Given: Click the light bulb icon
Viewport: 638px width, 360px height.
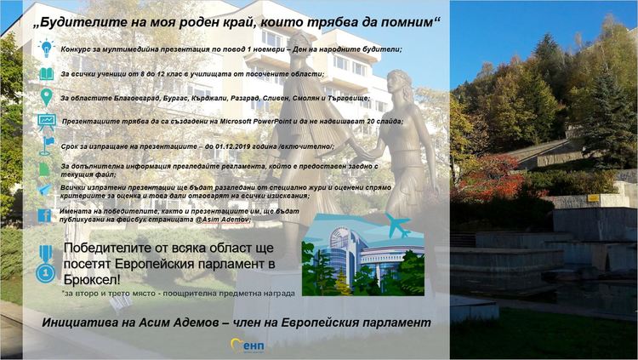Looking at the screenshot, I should pos(46,49).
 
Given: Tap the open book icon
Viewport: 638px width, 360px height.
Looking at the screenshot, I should pos(46,74).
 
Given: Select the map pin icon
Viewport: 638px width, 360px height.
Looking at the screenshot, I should pos(46,97).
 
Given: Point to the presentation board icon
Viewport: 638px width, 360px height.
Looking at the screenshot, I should pos(47,121).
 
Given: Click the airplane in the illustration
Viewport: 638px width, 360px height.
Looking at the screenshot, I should pos(396,226).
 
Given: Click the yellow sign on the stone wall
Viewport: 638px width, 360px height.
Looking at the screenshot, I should pos(593,197).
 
